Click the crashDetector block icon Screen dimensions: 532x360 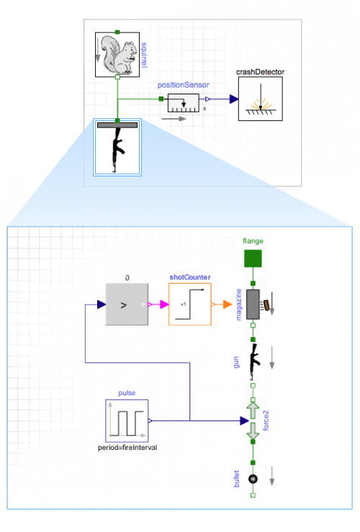(260, 99)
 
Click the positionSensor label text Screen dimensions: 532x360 (184, 86)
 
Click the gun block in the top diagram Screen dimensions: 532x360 (117, 148)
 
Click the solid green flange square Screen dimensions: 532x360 (252, 258)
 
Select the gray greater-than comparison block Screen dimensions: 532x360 (127, 305)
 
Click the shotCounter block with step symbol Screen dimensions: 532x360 (190, 305)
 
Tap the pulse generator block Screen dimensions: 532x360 (127, 420)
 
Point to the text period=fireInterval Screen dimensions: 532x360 (127, 448)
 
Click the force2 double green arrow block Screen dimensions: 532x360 (253, 420)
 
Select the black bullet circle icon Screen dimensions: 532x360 (253, 478)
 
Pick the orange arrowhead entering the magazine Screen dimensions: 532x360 (237, 305)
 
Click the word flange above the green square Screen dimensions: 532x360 (253, 240)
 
